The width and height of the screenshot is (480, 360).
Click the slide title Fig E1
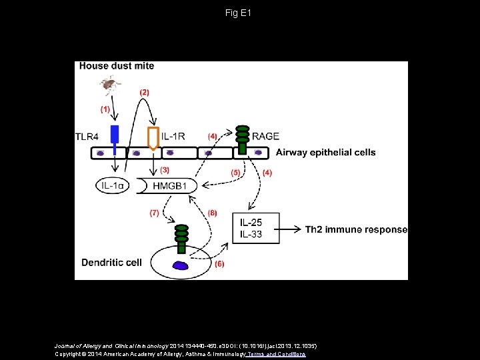click(x=239, y=13)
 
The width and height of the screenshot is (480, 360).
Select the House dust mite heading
click(x=117, y=66)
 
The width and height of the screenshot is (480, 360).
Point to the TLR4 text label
click(x=87, y=137)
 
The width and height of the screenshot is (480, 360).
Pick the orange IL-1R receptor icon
click(x=153, y=137)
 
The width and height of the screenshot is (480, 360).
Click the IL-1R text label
click(x=173, y=137)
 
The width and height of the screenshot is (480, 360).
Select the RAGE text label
click(x=265, y=137)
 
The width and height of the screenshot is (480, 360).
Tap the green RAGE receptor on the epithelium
click(x=243, y=138)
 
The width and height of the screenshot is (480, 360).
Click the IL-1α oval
click(x=113, y=185)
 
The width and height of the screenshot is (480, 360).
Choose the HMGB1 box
click(x=167, y=185)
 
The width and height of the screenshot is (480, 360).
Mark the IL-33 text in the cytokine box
click(x=251, y=235)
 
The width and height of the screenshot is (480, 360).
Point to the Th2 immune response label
click(x=356, y=229)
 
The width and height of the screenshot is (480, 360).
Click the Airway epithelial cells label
click(x=326, y=153)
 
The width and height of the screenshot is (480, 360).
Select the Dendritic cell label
click(x=111, y=263)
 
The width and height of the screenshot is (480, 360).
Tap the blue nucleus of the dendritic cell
click(x=181, y=265)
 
